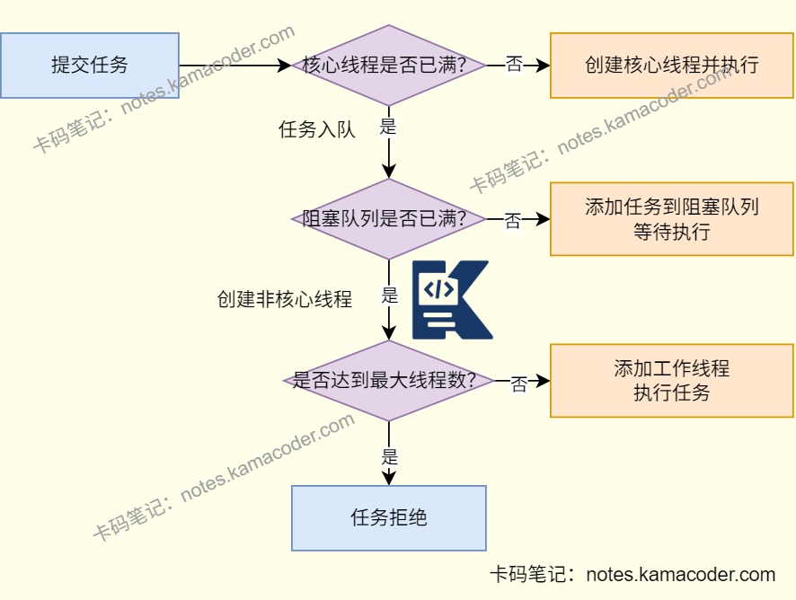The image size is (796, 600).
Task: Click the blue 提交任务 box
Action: pyautogui.click(x=90, y=66)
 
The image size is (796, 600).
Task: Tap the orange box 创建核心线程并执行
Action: pyautogui.click(x=671, y=66)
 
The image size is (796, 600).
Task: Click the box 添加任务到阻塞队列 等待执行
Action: pyautogui.click(x=671, y=219)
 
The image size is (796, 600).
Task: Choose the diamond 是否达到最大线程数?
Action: pyautogui.click(x=388, y=380)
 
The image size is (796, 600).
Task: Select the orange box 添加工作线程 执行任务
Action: pyautogui.click(x=671, y=380)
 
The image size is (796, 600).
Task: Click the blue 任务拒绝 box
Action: pyautogui.click(x=388, y=518)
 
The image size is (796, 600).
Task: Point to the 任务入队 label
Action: pyautogui.click(x=317, y=129)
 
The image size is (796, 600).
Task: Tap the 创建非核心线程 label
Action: pyautogui.click(x=284, y=299)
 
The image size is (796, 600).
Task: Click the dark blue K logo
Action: pyautogui.click(x=451, y=300)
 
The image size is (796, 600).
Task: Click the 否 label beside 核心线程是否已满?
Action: pyautogui.click(x=514, y=66)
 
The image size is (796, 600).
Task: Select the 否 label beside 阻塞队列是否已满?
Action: pyautogui.click(x=513, y=221)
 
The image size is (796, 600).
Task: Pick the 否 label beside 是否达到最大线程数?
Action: pyautogui.click(x=518, y=384)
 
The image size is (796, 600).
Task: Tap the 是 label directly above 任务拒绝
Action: pyautogui.click(x=389, y=455)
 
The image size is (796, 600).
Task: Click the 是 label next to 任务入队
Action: pyautogui.click(x=388, y=127)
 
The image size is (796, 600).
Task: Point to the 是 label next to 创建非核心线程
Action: pyautogui.click(x=389, y=296)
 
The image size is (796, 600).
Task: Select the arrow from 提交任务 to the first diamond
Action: pyautogui.click(x=234, y=66)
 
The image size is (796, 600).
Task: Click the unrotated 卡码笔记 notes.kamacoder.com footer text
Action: pyautogui.click(x=632, y=575)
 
